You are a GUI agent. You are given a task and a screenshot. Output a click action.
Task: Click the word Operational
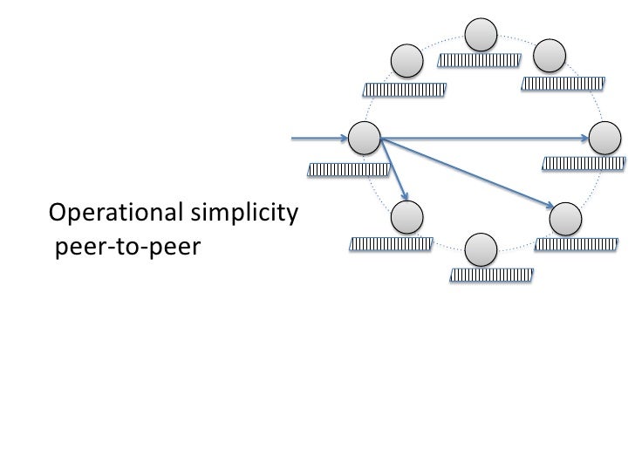[x=111, y=213]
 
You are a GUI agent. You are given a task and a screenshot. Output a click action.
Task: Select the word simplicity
[x=238, y=213]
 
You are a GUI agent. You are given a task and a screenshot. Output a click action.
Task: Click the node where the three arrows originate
[x=364, y=138]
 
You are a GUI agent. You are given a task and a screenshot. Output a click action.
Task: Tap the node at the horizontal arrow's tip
[x=606, y=139]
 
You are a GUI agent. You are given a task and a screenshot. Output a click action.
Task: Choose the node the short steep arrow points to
[x=408, y=216]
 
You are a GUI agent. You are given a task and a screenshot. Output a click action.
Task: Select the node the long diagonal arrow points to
[x=566, y=218]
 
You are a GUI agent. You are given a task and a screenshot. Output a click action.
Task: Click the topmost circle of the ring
[x=481, y=36]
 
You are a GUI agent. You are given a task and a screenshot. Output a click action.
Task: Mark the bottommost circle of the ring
[x=481, y=250]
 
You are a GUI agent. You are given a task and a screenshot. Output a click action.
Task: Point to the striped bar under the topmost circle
[x=479, y=60]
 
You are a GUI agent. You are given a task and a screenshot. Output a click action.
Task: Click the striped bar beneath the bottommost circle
[x=490, y=275]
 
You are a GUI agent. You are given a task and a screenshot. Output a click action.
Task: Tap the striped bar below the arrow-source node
[x=349, y=169]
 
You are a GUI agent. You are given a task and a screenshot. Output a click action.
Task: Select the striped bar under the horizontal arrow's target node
[x=584, y=162]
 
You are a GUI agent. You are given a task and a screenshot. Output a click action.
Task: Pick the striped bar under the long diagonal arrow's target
[x=575, y=244]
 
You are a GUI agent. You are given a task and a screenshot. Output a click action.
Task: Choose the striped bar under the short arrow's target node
[x=390, y=244]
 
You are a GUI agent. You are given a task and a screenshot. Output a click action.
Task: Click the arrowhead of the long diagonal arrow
[x=551, y=206]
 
